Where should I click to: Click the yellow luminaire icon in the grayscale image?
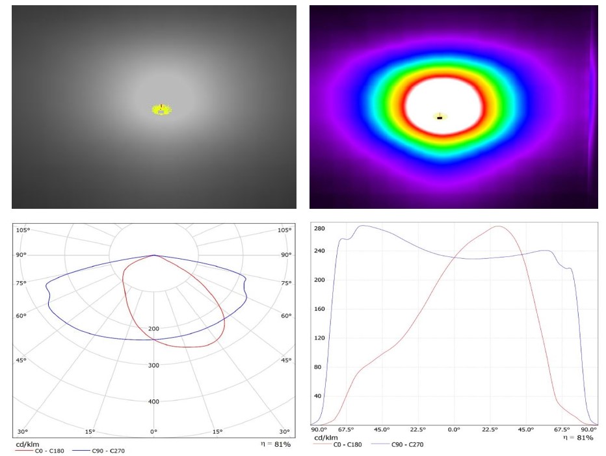click(x=161, y=110)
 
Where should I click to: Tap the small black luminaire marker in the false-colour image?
click(x=440, y=118)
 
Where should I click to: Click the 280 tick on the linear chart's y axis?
click(x=319, y=228)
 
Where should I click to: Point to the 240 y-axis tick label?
click(x=319, y=250)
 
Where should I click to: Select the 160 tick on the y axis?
click(x=319, y=309)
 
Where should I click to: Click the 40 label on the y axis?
click(x=318, y=396)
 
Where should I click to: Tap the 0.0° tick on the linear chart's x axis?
click(x=454, y=430)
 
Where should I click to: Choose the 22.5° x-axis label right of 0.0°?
click(x=490, y=430)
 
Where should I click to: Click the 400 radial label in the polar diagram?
click(x=153, y=401)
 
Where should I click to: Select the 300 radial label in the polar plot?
click(x=153, y=365)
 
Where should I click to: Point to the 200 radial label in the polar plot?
click(x=153, y=329)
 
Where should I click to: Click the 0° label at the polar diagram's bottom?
click(x=153, y=432)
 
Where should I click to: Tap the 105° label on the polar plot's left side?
click(x=23, y=230)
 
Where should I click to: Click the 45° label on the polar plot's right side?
click(x=286, y=360)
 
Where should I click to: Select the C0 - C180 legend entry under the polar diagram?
click(x=40, y=451)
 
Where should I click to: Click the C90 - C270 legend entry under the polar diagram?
click(x=99, y=451)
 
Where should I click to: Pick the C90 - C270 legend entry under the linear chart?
click(x=397, y=445)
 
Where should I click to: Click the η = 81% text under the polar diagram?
click(x=276, y=444)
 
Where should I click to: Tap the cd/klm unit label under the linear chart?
click(x=326, y=438)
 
